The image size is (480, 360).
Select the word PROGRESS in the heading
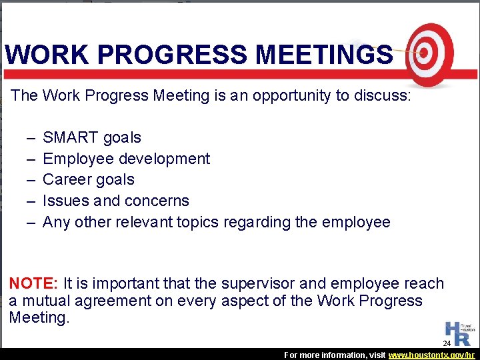(165, 55)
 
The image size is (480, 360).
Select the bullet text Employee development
(126, 159)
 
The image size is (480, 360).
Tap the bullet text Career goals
(88, 180)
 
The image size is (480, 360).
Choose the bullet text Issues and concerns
(115, 201)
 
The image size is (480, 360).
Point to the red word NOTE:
(34, 283)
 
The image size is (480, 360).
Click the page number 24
(447, 343)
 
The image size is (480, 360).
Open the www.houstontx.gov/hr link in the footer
(431, 355)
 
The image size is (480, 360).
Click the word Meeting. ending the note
(39, 317)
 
